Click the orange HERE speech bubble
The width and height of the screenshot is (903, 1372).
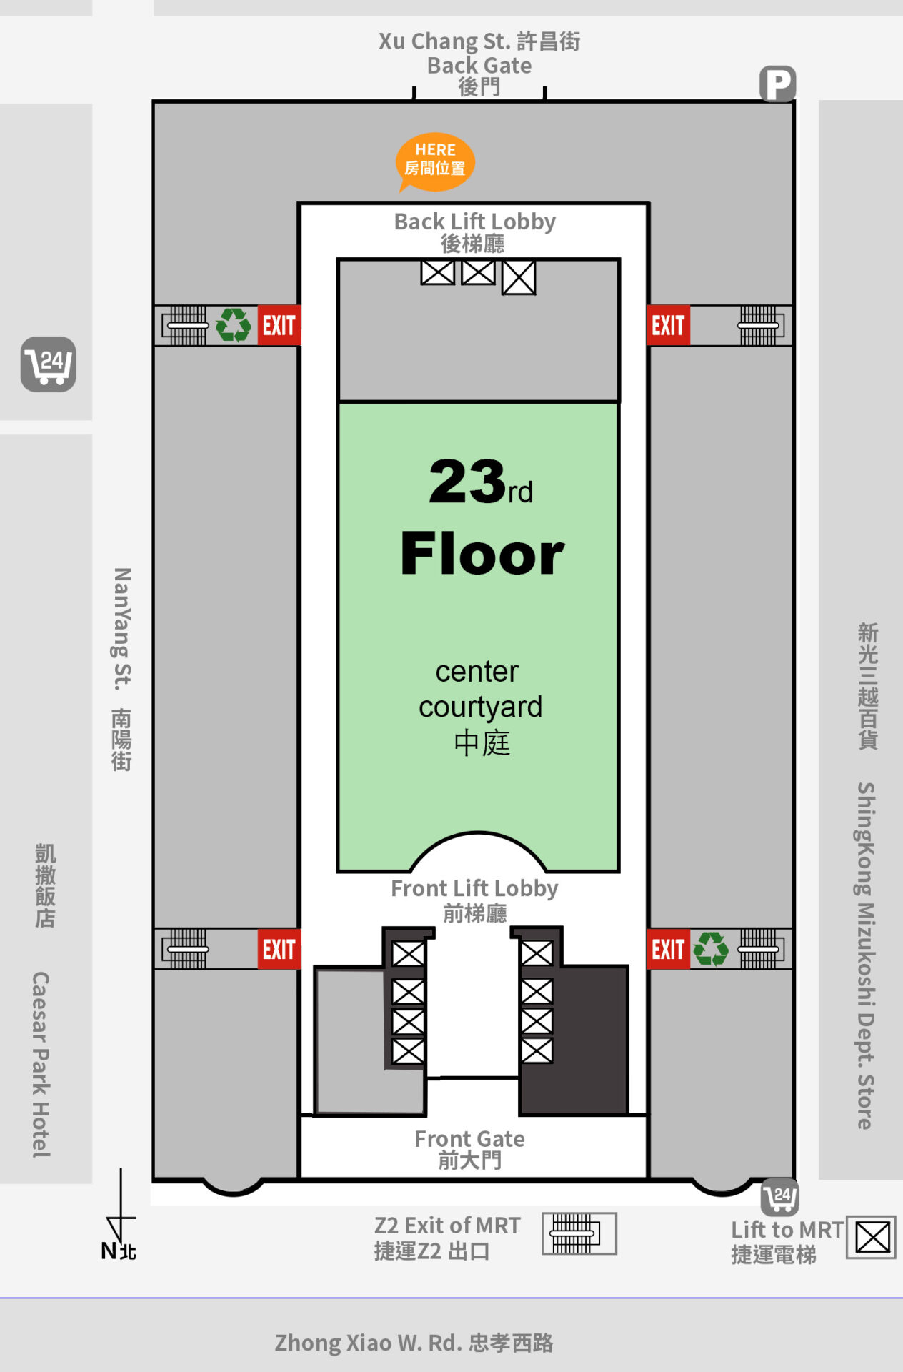click(435, 162)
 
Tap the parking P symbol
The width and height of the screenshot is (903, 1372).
click(777, 84)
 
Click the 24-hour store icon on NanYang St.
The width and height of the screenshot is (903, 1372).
click(48, 364)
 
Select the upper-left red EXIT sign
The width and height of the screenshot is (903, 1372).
click(279, 326)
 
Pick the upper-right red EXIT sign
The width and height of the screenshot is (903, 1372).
click(668, 326)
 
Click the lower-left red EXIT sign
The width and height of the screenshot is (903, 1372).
click(279, 950)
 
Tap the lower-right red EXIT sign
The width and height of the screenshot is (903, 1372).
click(668, 950)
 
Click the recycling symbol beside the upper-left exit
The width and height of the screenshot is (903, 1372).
click(233, 325)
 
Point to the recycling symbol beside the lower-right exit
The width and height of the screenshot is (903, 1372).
click(711, 949)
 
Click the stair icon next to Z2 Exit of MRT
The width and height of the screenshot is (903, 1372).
click(579, 1233)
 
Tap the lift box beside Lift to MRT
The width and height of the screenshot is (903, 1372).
click(872, 1238)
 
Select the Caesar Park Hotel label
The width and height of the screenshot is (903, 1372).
click(41, 1065)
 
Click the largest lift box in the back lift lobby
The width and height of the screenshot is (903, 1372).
click(519, 277)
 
